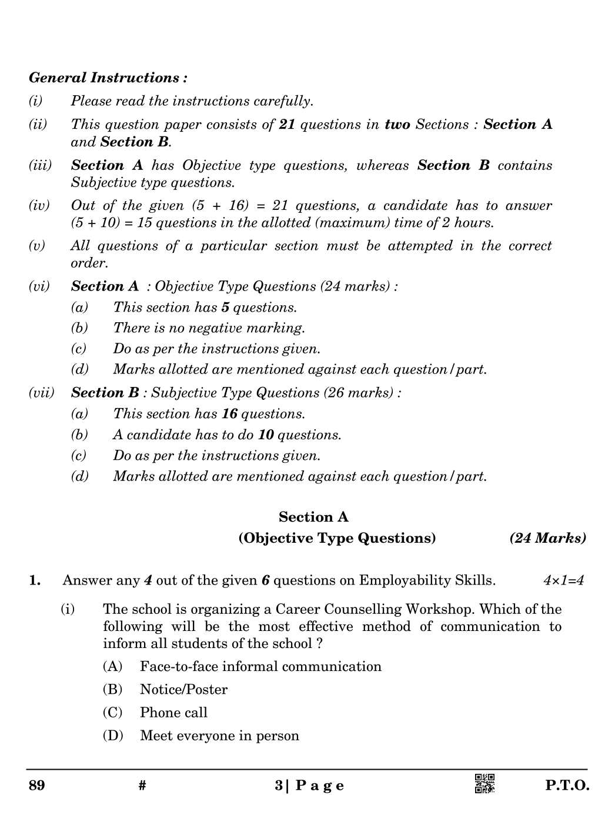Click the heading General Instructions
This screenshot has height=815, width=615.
point(108,78)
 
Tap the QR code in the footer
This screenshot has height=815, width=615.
point(484,784)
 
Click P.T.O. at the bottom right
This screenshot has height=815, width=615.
point(567,786)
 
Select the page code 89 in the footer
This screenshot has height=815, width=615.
point(36,786)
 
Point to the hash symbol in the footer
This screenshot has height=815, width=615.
point(142,786)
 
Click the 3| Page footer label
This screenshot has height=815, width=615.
point(309,786)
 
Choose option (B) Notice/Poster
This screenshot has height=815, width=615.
point(183,689)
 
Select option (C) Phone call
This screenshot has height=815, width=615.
point(173,713)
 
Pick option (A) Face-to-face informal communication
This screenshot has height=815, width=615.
point(260,666)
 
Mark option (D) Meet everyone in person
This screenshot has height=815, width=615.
point(219,736)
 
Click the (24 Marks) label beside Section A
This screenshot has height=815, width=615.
point(547,538)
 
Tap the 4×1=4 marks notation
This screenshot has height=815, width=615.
point(563,580)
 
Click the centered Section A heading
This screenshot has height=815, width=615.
point(313,517)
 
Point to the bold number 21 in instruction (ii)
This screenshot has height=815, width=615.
point(287,125)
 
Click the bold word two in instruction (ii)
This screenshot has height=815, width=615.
point(397,125)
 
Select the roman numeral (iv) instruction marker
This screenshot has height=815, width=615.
point(39,206)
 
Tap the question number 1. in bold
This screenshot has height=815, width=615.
point(35,580)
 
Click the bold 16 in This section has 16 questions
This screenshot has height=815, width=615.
point(229,414)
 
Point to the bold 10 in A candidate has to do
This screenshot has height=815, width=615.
point(266,435)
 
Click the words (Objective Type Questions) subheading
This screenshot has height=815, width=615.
point(337,538)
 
